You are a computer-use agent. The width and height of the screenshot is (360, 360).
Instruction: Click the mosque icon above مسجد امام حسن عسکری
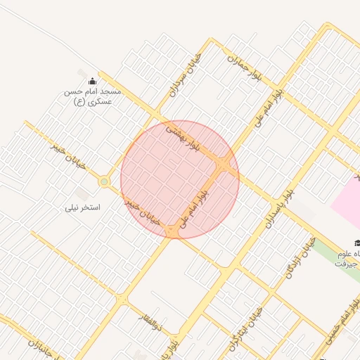[92, 81]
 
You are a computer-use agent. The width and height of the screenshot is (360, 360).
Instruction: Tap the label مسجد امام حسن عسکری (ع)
[92, 96]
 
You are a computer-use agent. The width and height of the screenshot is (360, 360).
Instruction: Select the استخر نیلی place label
[83, 207]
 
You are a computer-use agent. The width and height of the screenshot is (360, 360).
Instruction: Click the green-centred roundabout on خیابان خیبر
[104, 182]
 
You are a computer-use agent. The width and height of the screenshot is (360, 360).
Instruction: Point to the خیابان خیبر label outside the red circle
[68, 155]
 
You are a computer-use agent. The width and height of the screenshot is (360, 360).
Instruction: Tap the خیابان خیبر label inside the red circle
[143, 212]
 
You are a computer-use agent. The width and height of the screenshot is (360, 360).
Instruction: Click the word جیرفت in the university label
[346, 264]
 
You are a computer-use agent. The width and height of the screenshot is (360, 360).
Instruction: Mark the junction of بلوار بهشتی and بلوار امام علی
[223, 167]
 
